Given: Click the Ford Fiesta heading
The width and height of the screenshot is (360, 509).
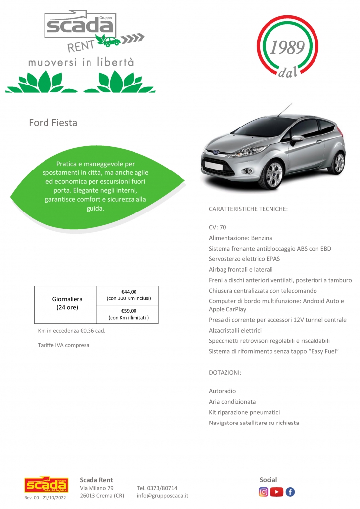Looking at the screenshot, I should click(53, 123).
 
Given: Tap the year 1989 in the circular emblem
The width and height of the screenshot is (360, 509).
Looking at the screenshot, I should click(287, 48).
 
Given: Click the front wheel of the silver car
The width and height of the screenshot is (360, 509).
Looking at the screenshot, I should click(273, 173).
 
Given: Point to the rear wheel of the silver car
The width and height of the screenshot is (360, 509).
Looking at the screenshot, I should click(339, 163).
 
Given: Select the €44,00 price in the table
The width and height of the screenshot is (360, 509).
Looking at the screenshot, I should click(129, 292).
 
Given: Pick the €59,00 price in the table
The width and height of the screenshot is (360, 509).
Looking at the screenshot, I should click(129, 311).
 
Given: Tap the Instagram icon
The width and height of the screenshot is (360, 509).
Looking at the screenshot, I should click(264, 492).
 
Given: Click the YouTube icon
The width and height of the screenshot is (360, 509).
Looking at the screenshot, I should click(277, 492).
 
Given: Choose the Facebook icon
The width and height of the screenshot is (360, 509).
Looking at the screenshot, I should click(290, 492).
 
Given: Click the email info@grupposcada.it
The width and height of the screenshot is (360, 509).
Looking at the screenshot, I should click(163, 495).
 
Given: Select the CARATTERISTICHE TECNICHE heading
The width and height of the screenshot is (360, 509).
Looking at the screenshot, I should click(248, 210).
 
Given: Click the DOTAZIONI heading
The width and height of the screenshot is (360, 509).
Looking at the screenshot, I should click(225, 372).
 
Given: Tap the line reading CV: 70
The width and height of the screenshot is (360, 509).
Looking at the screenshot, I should click(218, 227).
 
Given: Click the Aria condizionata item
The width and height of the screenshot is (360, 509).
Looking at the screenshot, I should click(232, 402).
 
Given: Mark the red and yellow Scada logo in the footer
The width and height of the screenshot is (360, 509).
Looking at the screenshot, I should click(45, 485).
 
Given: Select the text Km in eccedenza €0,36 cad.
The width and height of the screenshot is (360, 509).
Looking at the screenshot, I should click(71, 331).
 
